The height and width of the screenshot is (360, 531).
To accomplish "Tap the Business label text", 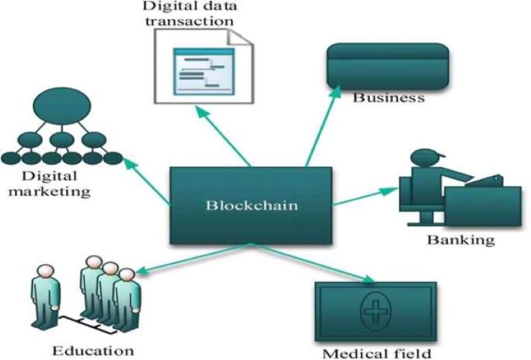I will click(x=389, y=97).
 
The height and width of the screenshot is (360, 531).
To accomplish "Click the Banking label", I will click(x=460, y=240).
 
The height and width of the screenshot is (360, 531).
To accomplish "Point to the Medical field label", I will click(x=375, y=352).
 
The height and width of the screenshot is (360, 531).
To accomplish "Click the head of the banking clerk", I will click(x=422, y=158).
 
